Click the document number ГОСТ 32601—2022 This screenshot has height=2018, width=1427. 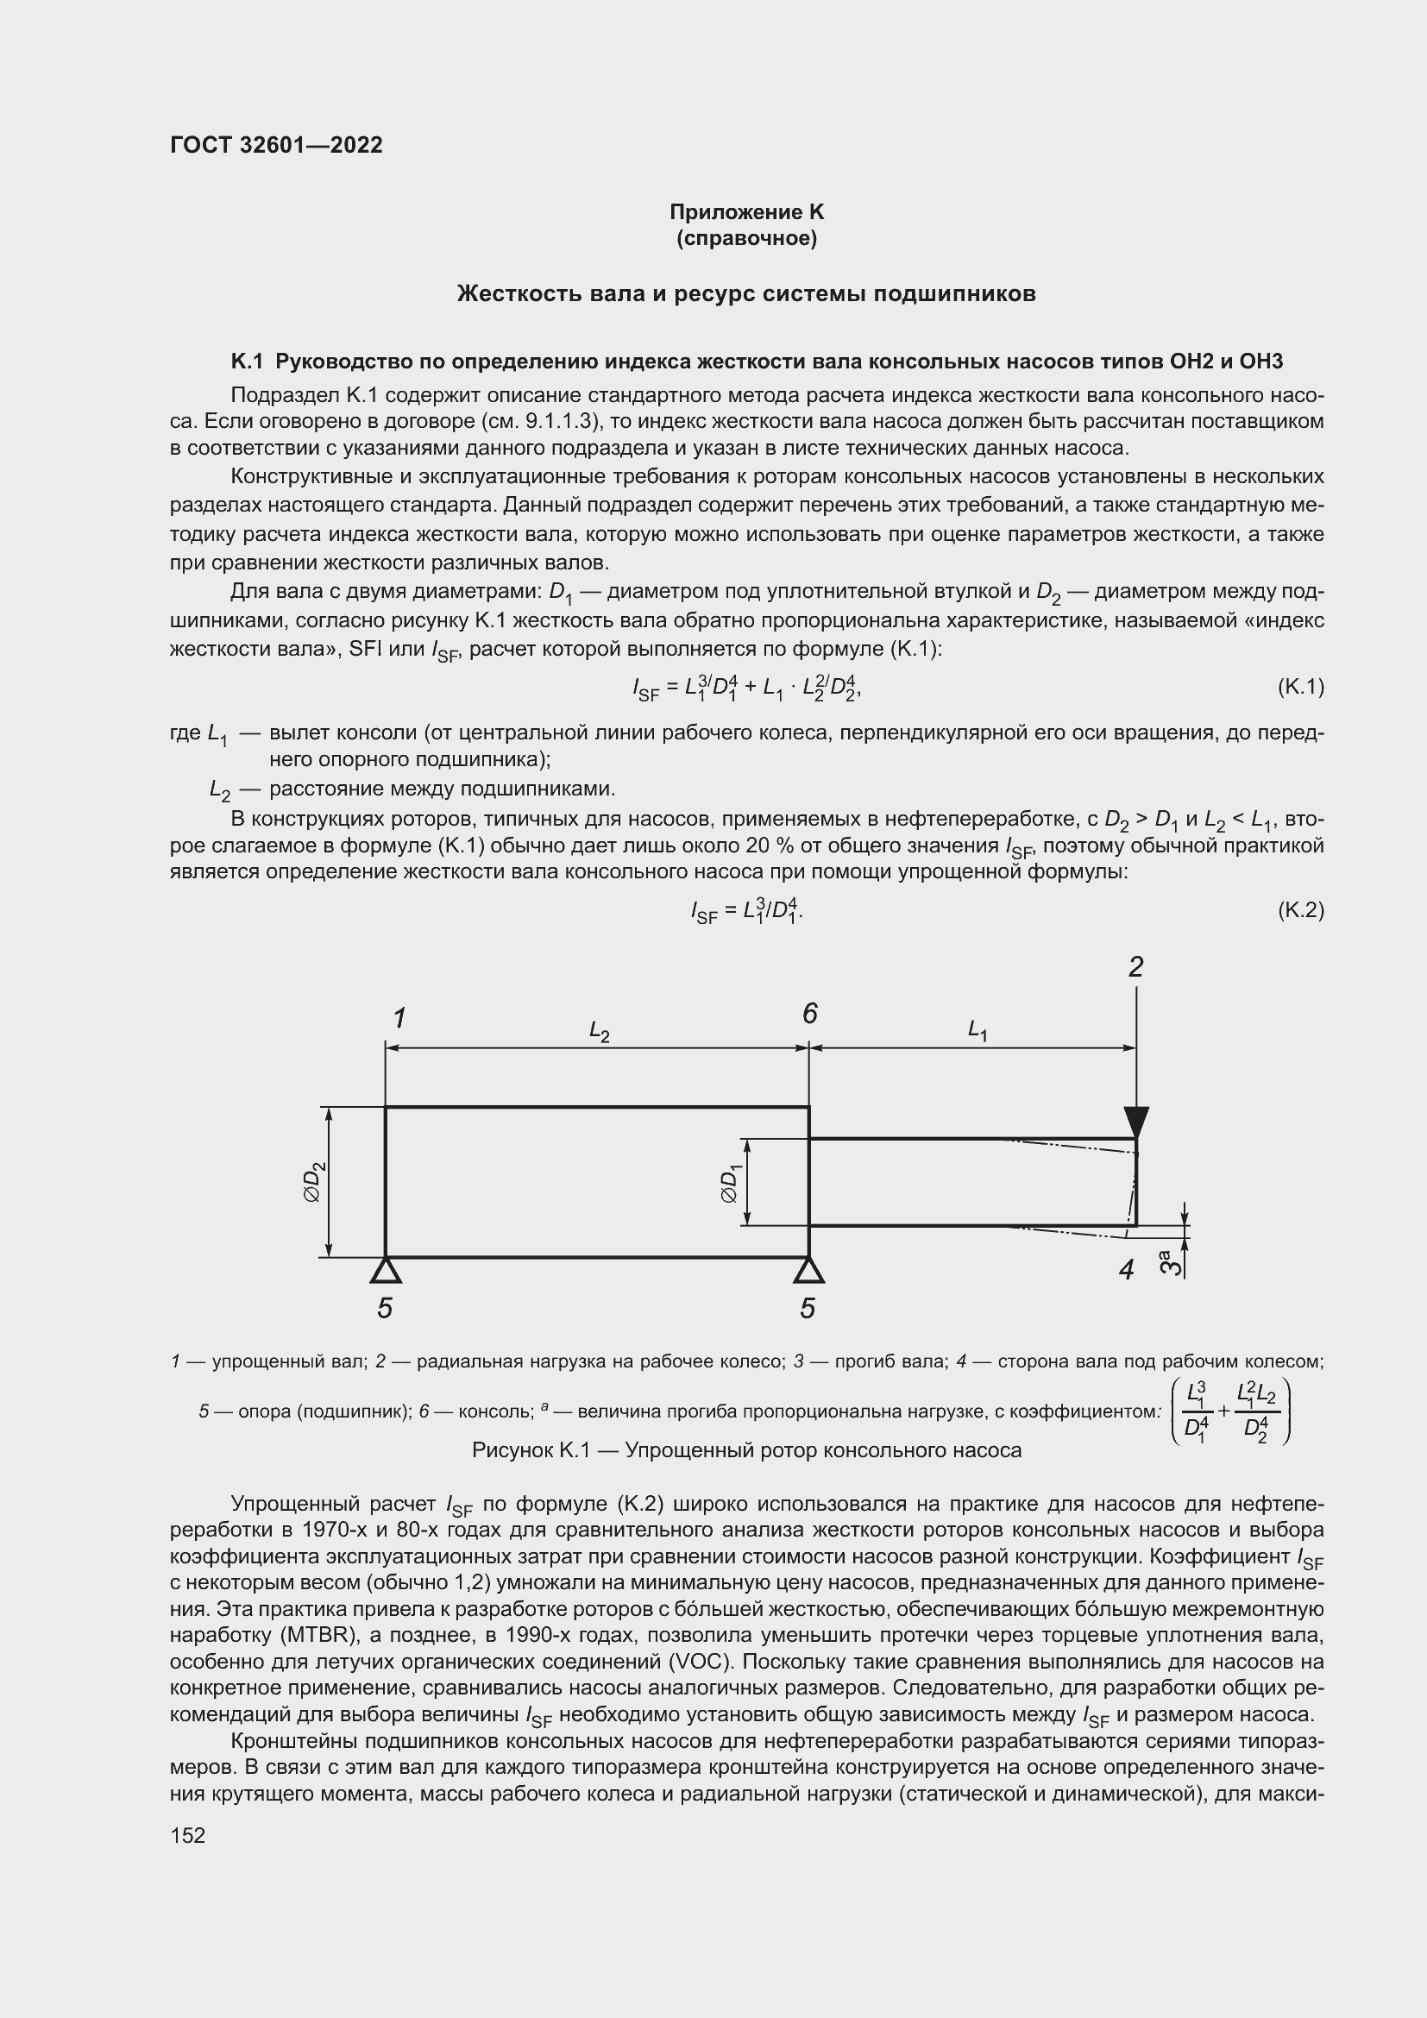[276, 145]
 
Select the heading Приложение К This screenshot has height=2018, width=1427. [746, 212]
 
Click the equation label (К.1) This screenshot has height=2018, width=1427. [1299, 687]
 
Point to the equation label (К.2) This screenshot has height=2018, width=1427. [1299, 909]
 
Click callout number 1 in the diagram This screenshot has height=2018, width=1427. [399, 1019]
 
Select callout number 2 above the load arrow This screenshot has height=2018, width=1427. [1135, 968]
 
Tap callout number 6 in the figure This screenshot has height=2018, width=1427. [809, 1015]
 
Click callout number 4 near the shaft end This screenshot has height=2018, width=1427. [1127, 1269]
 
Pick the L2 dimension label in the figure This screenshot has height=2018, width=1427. [600, 1031]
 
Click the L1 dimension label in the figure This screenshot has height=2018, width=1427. [978, 1029]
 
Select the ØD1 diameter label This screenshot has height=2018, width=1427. [730, 1183]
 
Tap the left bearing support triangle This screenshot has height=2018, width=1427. [384, 1270]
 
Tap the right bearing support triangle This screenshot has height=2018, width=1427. [808, 1270]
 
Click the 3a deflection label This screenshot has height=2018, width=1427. [1169, 1263]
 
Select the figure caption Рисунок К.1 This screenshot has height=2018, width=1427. [746, 1450]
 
